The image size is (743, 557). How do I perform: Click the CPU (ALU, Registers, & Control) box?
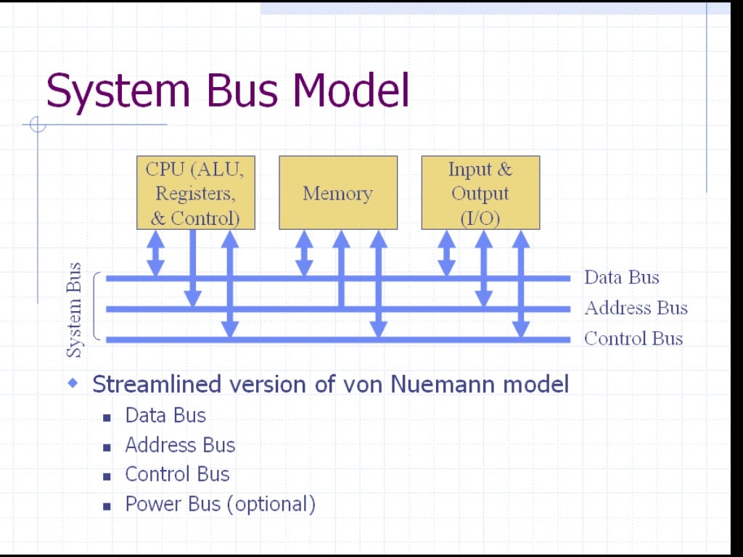[x=196, y=193]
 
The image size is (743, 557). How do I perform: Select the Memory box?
[x=338, y=193]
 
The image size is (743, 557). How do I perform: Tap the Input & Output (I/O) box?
[x=480, y=193]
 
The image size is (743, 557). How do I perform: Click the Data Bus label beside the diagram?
[x=622, y=277]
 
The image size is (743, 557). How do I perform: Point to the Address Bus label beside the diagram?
[x=636, y=308]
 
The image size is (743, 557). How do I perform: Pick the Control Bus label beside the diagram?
[x=633, y=339]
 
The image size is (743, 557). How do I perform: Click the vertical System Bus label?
[x=74, y=310]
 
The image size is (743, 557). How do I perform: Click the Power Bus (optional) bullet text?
[x=220, y=504]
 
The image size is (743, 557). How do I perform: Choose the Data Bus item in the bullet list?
[x=165, y=416]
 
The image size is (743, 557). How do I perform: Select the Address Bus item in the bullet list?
[x=180, y=445]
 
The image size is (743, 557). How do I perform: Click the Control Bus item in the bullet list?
[x=177, y=474]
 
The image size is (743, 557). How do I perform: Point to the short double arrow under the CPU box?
[x=155, y=253]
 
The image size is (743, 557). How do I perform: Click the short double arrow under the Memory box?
[x=305, y=253]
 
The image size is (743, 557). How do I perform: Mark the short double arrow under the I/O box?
[x=447, y=253]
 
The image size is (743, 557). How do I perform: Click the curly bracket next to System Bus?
[x=97, y=308]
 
